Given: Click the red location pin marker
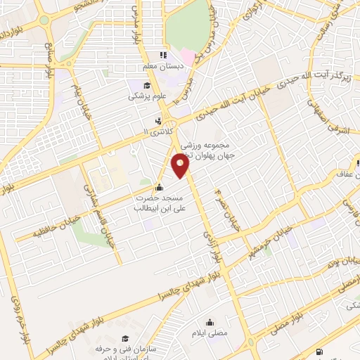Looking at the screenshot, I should tap(181, 166).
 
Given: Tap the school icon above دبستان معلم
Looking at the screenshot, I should tap(163, 55).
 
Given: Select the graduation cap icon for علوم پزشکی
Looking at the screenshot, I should tap(134, 85).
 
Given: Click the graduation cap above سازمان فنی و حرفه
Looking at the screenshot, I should tap(126, 338).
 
